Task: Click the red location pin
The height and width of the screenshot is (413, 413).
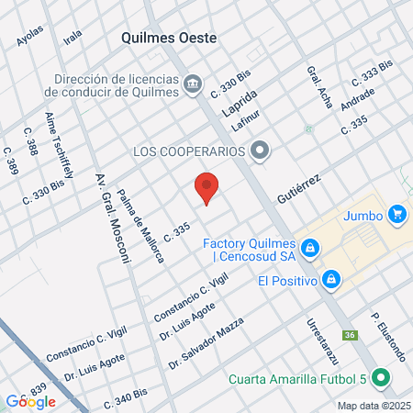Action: (206, 188)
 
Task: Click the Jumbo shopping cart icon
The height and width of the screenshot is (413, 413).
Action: (396, 215)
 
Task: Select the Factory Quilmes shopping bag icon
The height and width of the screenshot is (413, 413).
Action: (311, 247)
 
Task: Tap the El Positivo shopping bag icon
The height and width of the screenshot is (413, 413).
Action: (332, 279)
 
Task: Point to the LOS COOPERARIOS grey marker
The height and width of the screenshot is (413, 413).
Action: (261, 151)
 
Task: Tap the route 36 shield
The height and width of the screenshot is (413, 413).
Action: (350, 334)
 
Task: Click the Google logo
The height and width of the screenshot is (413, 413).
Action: (31, 401)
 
